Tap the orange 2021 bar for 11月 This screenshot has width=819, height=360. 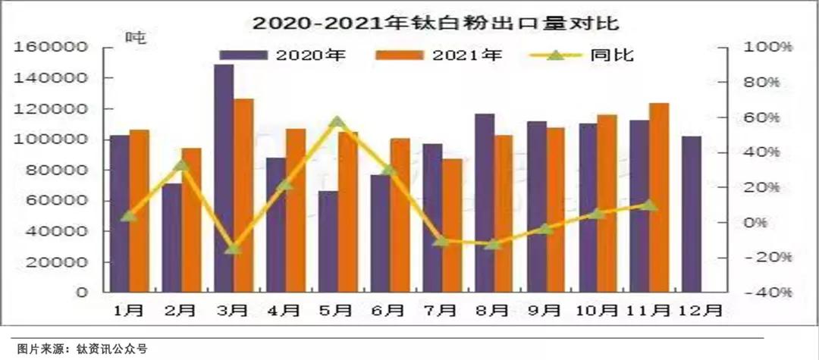click(659, 197)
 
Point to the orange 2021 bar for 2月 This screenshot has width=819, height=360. click(192, 220)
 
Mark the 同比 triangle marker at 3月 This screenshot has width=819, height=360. click(234, 248)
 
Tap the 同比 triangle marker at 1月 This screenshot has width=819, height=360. click(129, 216)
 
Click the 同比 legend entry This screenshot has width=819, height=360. click(588, 55)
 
